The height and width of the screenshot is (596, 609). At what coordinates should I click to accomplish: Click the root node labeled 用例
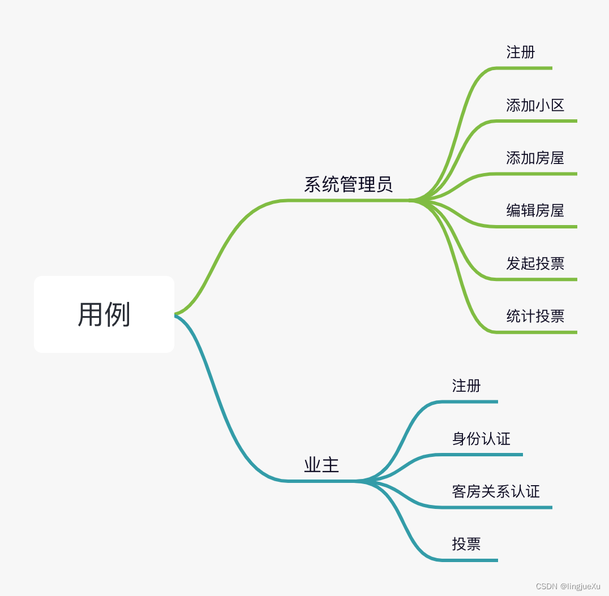click(x=104, y=314)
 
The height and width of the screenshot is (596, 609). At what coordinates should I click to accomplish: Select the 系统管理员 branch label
click(x=348, y=184)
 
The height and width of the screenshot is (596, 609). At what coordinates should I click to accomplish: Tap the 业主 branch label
click(x=321, y=465)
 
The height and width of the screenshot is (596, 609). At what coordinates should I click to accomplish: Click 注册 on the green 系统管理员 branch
click(x=520, y=53)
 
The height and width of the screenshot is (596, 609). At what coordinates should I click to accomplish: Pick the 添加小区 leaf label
click(x=535, y=105)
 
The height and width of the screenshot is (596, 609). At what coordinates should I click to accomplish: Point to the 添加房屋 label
click(x=535, y=158)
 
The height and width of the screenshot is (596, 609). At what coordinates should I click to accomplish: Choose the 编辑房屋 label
click(x=535, y=211)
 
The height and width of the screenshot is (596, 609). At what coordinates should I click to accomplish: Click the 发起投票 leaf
click(x=535, y=264)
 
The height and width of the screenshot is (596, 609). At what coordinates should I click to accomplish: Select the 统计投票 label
click(x=535, y=316)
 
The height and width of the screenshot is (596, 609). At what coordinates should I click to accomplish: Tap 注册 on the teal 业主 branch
click(x=466, y=386)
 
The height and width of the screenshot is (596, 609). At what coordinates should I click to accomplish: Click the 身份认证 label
click(x=481, y=439)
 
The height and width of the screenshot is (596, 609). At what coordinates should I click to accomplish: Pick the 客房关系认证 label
click(x=496, y=491)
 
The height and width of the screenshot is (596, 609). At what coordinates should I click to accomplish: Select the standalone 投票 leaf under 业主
click(x=466, y=544)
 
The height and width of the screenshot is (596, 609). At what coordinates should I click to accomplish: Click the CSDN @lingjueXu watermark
click(x=568, y=586)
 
